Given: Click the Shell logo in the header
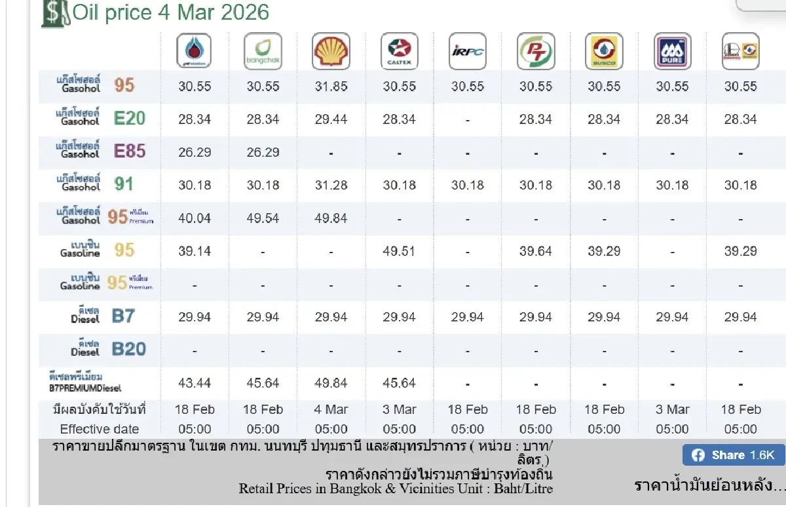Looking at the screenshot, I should (x=331, y=51).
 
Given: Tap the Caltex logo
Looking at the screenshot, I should (x=399, y=51).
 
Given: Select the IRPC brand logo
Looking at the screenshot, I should (x=468, y=51).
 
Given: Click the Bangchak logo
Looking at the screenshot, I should (x=263, y=51).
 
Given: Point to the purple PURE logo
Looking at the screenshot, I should (x=672, y=51).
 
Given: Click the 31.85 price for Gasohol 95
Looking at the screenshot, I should (x=331, y=86).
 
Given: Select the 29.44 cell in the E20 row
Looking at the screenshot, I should (x=331, y=119).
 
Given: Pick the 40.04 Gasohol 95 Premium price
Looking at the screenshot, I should (x=195, y=218).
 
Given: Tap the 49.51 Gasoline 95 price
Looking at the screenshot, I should (x=399, y=251).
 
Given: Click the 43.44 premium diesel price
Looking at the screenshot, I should (x=195, y=383).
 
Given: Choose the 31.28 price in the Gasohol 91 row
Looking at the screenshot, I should (x=331, y=186).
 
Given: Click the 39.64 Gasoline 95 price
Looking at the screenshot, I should (x=536, y=251).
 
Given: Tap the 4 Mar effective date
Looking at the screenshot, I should (x=331, y=409).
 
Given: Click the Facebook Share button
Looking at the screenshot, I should (x=733, y=455).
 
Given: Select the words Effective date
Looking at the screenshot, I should (x=100, y=430).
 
